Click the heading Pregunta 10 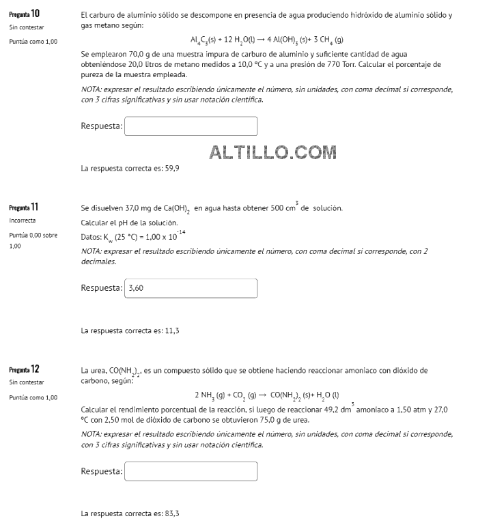(x=24, y=13)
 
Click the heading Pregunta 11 (x=24, y=206)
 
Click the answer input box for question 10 (x=191, y=126)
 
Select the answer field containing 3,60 (x=191, y=287)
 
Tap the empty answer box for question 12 (x=191, y=471)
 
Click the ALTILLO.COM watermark (x=272, y=152)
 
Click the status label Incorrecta (x=24, y=221)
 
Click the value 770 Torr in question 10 (x=350, y=64)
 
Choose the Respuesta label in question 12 (x=101, y=471)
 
